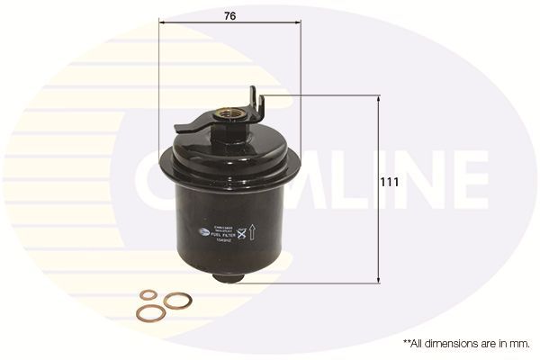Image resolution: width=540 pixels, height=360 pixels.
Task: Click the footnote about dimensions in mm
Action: tap(466, 343)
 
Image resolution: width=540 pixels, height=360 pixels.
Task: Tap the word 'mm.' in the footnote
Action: tap(520, 343)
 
